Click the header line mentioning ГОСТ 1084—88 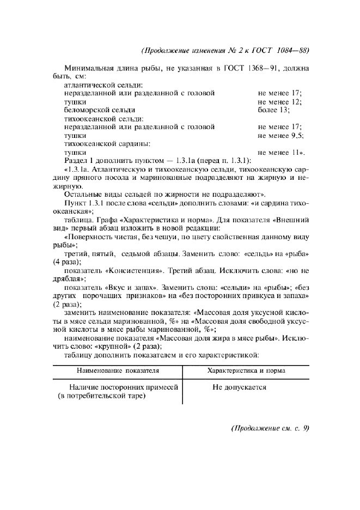pyautogui.click(x=225, y=51)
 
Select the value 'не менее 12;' pyautogui.click(x=280, y=101)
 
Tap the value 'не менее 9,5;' pyautogui.click(x=280, y=135)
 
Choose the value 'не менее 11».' pyautogui.click(x=281, y=152)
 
